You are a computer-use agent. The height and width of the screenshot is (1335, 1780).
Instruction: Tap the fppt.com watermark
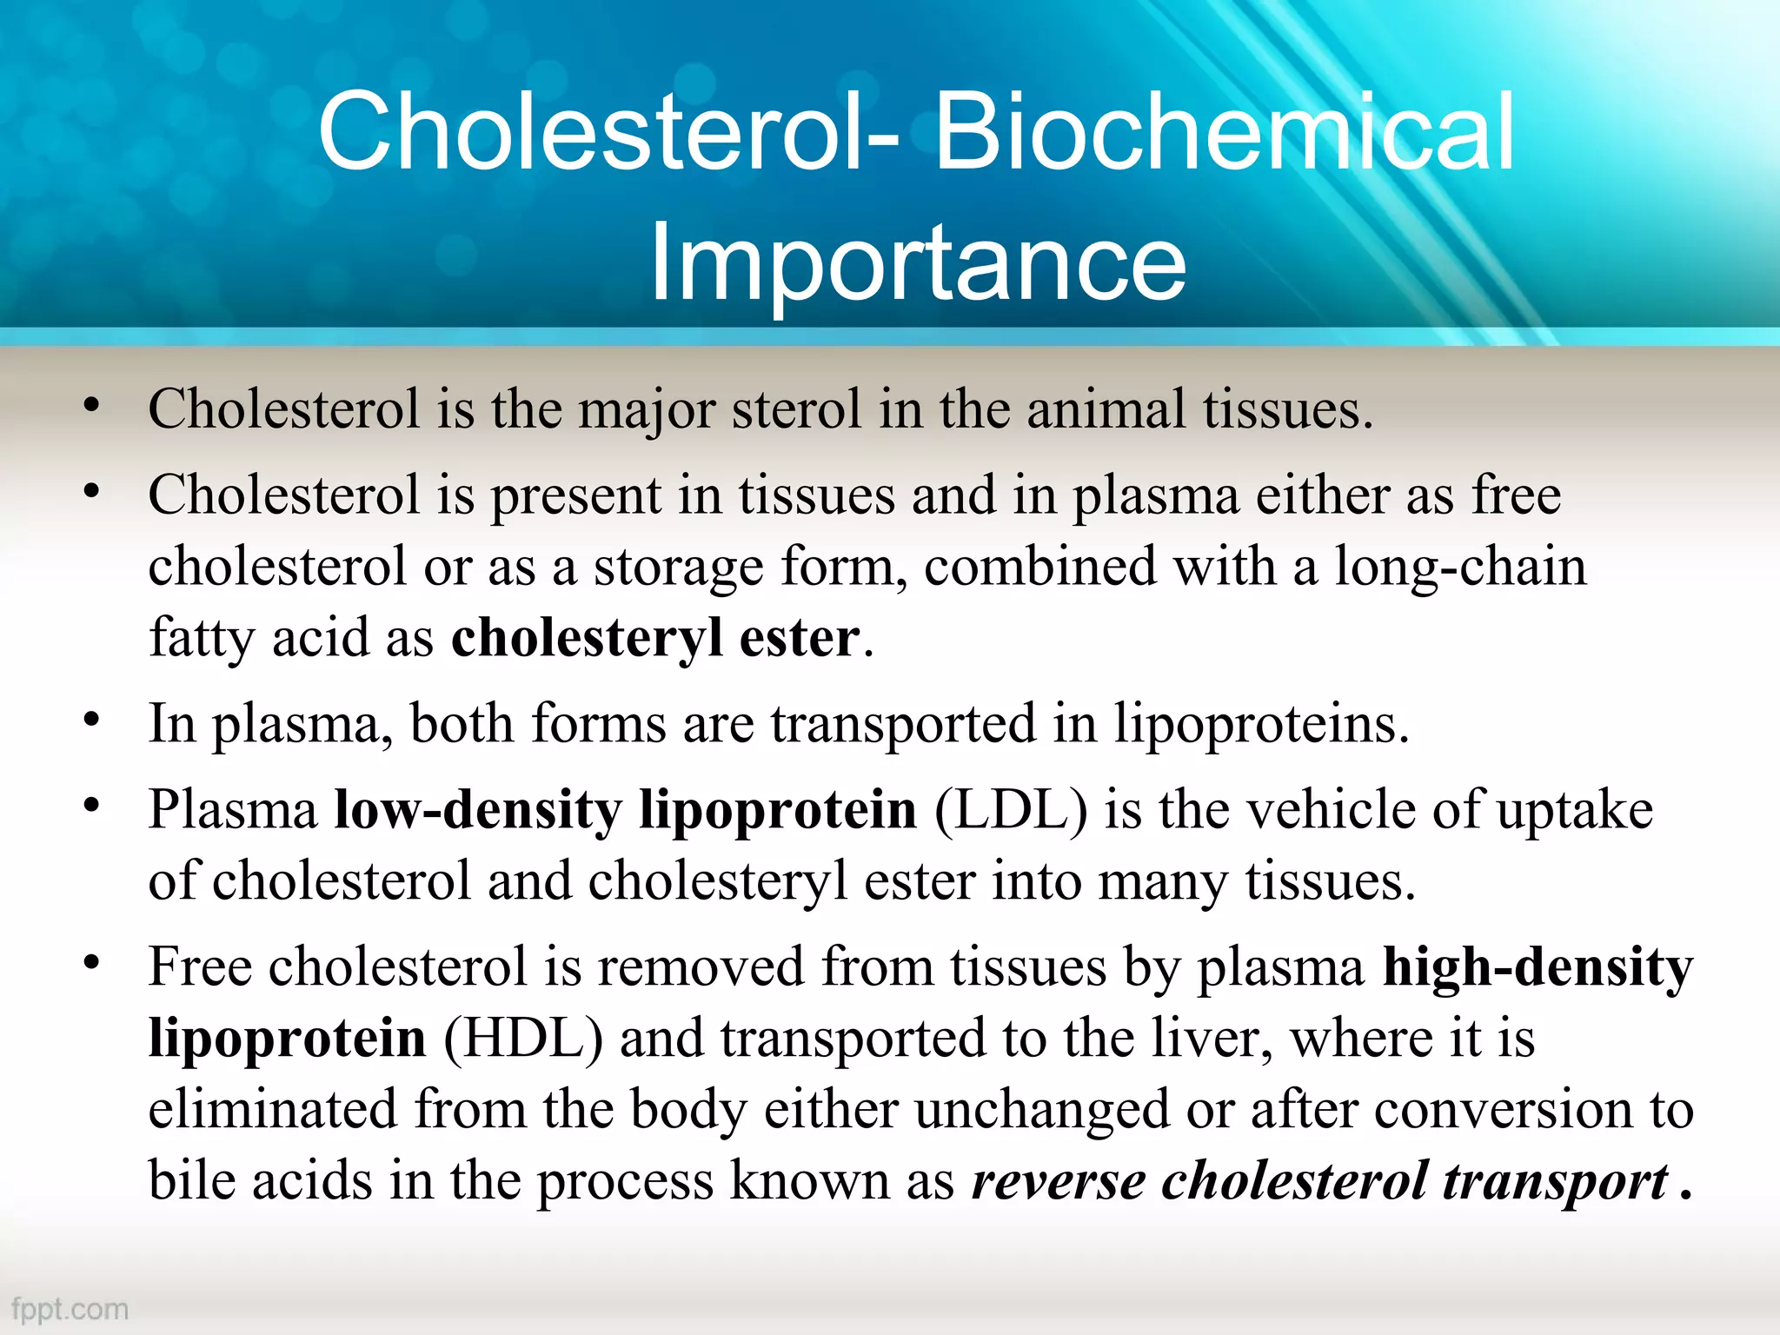[x=70, y=1309]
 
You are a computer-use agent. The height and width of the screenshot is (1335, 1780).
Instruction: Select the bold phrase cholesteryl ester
[x=655, y=638]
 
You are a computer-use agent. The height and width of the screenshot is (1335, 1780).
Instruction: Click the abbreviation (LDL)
[x=1010, y=810]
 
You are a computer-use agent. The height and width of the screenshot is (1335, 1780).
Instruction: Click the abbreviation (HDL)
[x=522, y=1039]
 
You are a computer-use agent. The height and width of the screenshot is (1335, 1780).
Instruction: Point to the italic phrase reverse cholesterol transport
[x=1319, y=1181]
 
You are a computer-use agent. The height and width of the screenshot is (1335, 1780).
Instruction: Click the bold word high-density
[x=1537, y=967]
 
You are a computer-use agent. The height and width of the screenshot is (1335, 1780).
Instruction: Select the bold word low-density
[x=478, y=810]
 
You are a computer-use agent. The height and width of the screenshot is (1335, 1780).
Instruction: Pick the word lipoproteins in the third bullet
[x=1260, y=724]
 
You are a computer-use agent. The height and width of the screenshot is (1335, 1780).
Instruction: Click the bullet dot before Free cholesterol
[x=92, y=963]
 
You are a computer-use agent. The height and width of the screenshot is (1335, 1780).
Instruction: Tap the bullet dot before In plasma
[x=92, y=720]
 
